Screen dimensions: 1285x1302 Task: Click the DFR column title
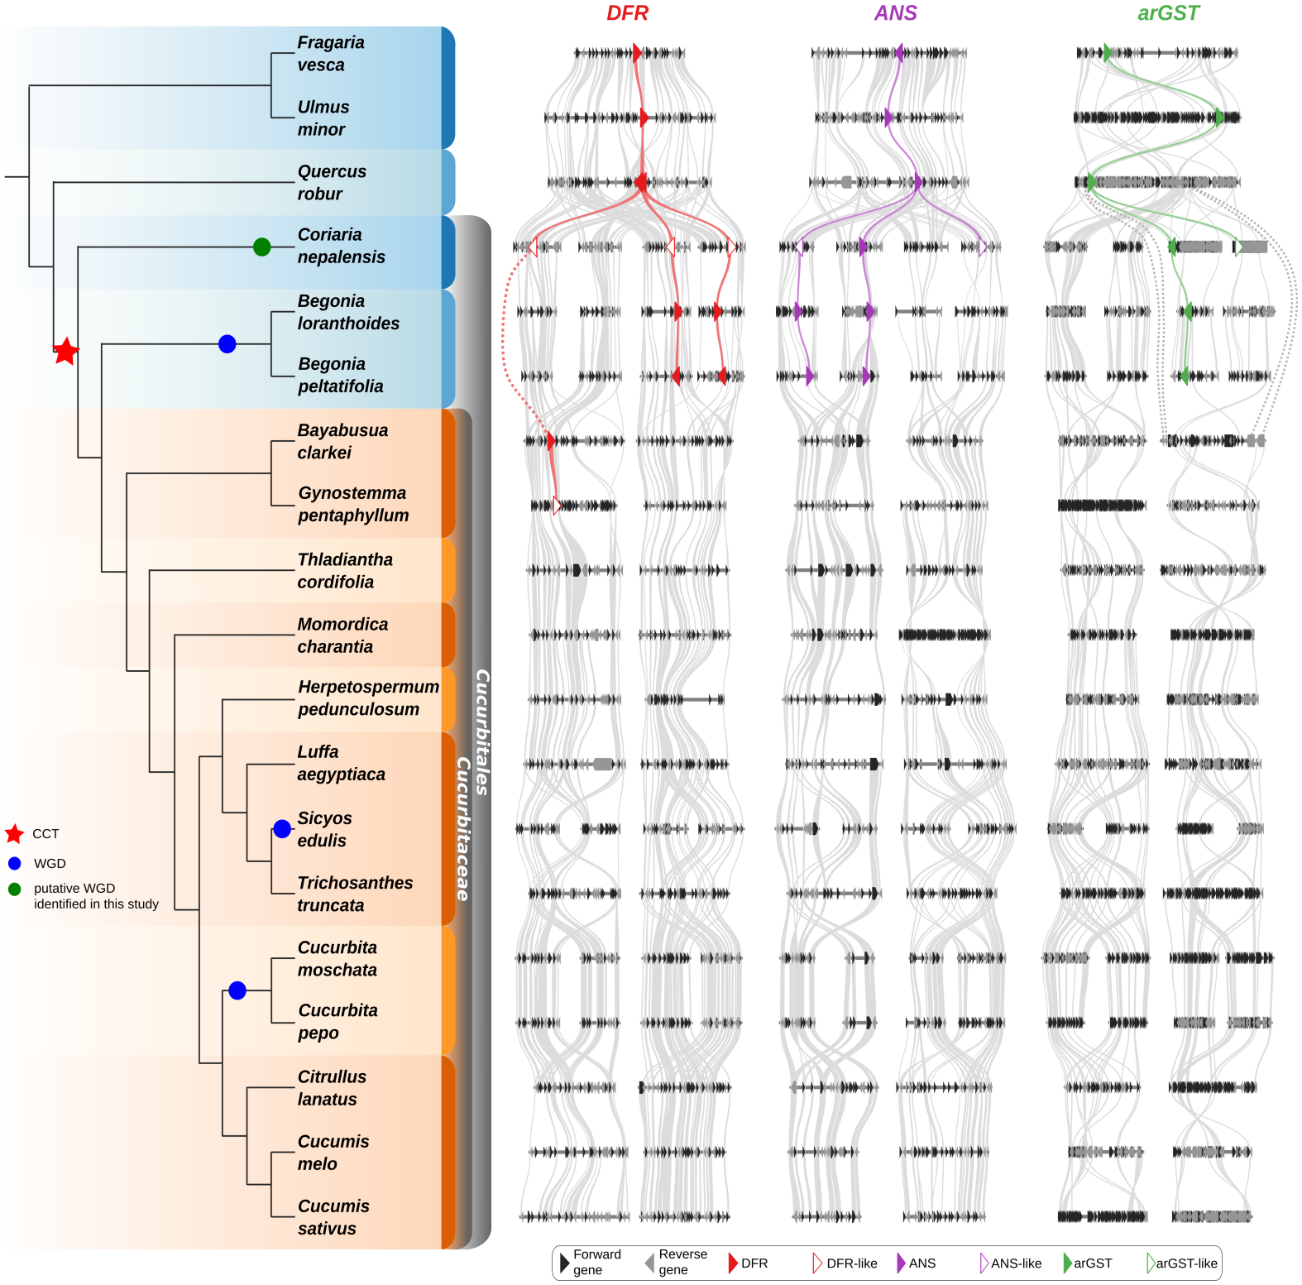coord(627,13)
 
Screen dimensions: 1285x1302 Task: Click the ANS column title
coord(896,13)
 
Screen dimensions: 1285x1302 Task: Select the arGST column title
coord(1168,13)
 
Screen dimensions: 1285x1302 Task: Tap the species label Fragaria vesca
coord(330,54)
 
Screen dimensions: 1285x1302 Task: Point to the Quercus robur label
coord(331,183)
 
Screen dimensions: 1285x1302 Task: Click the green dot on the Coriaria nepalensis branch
coord(262,247)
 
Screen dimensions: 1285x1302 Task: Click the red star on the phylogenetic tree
coord(66,352)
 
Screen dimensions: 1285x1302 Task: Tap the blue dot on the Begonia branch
coord(227,344)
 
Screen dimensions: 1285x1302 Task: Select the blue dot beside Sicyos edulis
coord(282,828)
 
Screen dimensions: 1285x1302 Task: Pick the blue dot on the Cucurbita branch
coord(237,990)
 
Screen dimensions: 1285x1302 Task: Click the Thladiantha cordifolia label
coord(344,571)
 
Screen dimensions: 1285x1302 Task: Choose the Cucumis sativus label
coord(333,1217)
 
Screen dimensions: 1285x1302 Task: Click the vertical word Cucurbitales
coord(482,732)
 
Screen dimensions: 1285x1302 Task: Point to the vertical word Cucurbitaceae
coord(463,827)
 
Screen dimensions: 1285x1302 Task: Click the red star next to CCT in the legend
coord(14,834)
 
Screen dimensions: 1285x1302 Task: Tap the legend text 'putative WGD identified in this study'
coord(95,896)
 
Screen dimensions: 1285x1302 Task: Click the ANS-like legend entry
coord(1011,1263)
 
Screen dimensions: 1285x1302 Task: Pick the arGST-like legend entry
coord(1183,1263)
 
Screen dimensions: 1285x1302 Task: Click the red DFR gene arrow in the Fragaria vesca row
coord(637,54)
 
